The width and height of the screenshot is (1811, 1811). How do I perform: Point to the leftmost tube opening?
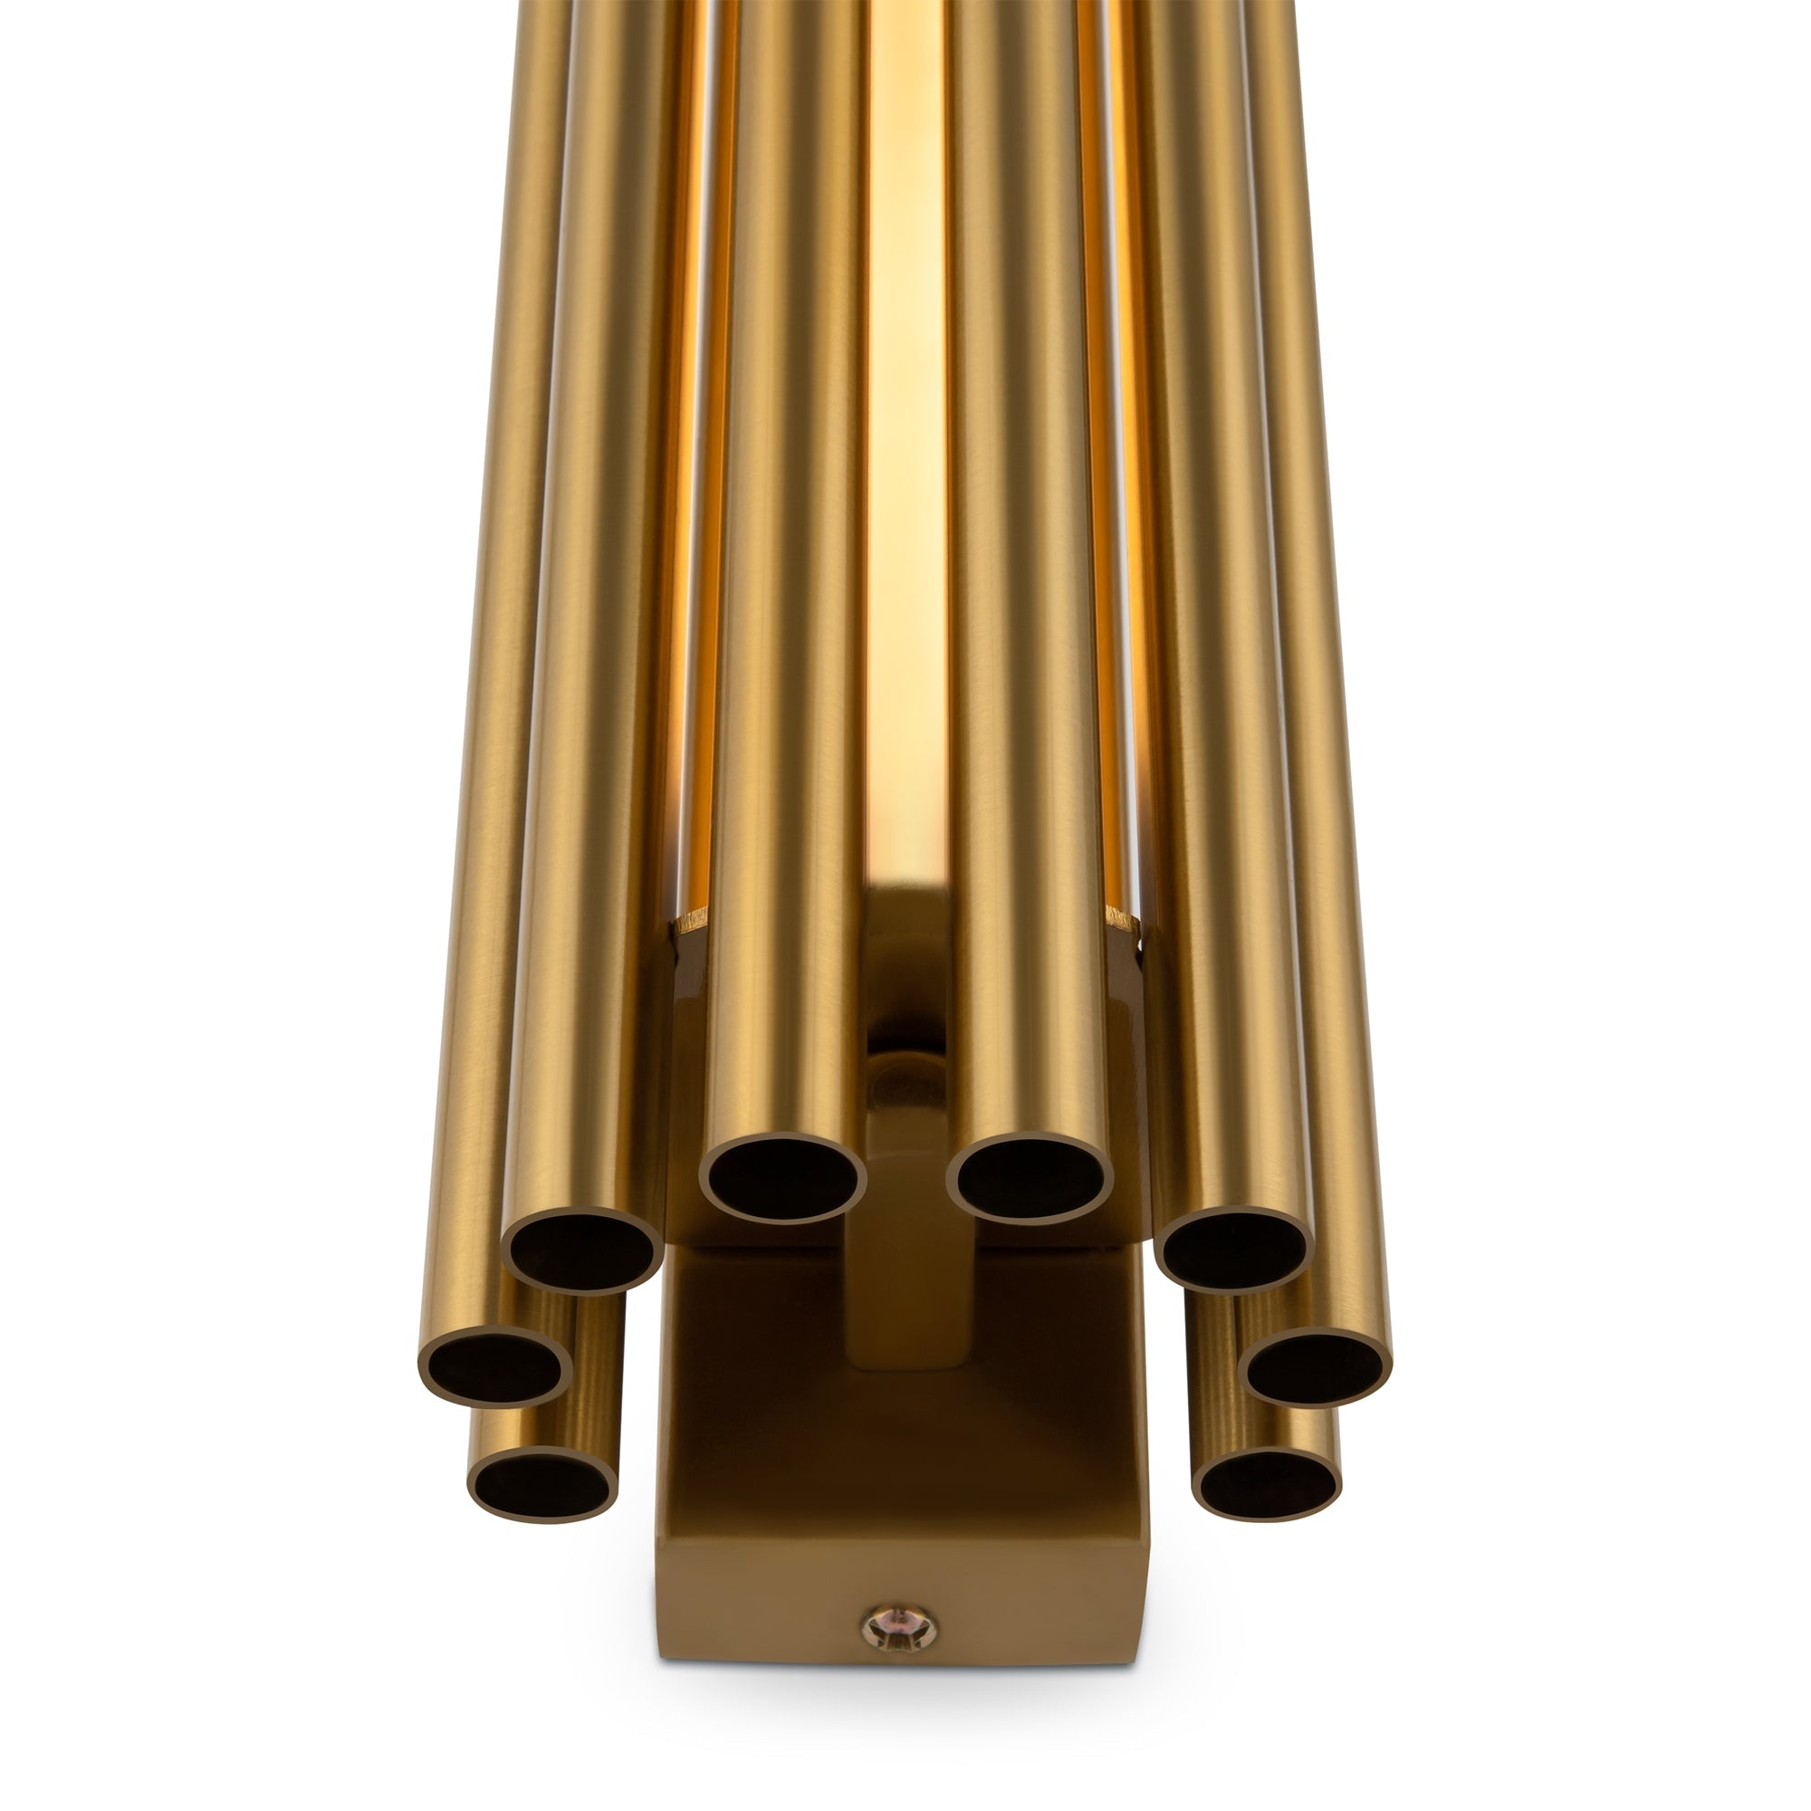point(494,1368)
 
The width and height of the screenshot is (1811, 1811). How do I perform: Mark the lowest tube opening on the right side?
point(1267,1484)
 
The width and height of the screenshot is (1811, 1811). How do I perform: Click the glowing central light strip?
point(904,469)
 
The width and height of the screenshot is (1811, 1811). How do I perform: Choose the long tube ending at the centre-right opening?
point(1021,656)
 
